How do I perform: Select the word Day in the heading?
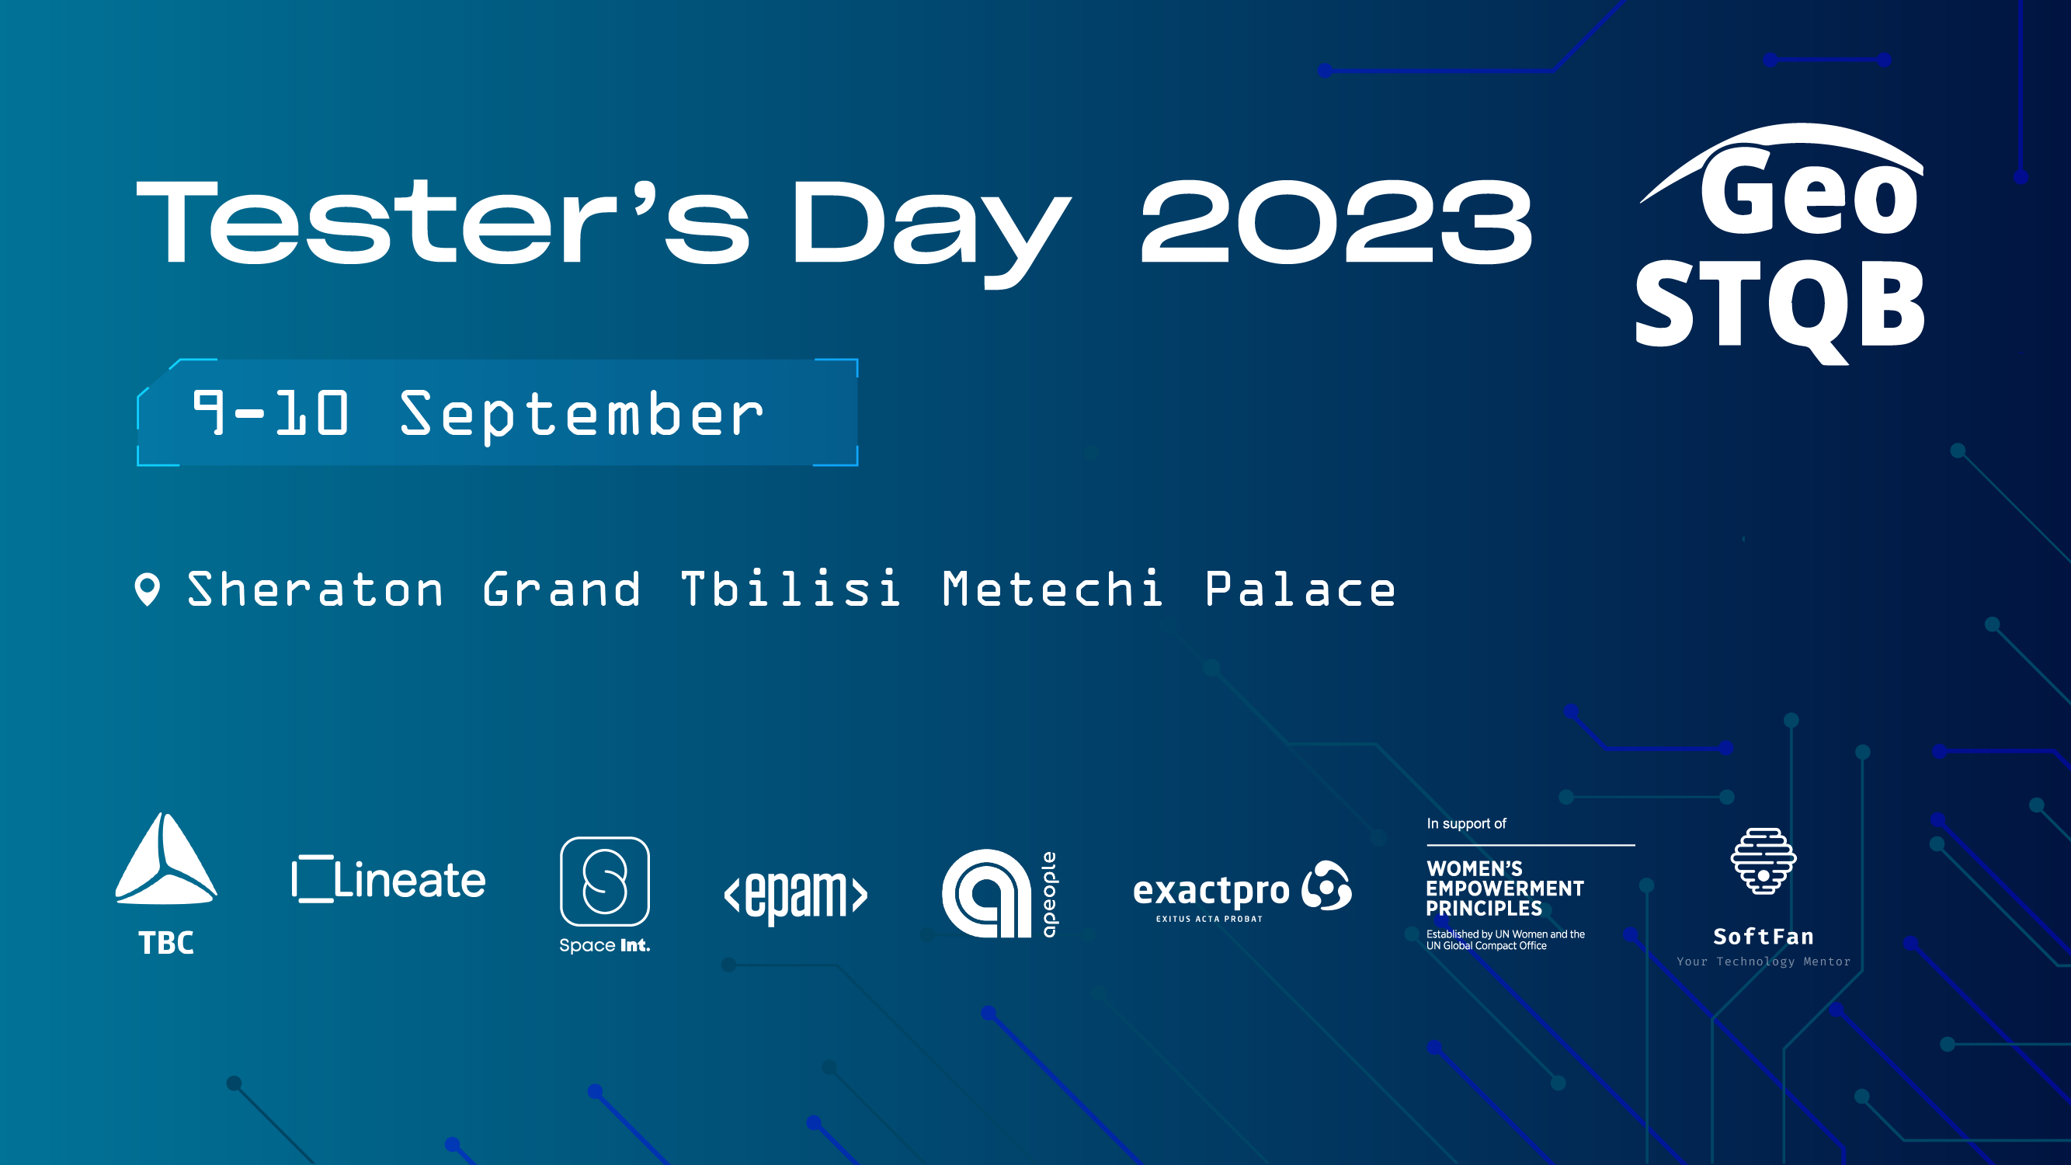click(x=931, y=233)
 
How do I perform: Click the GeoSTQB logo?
click(x=1780, y=245)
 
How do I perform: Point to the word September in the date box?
click(x=582, y=416)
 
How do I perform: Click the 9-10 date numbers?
click(x=271, y=412)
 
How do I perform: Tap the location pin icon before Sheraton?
click(x=147, y=589)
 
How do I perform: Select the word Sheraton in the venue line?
click(x=315, y=589)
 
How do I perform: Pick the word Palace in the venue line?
click(x=1300, y=589)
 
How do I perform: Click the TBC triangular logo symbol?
click(x=165, y=858)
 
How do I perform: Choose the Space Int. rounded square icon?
click(x=605, y=882)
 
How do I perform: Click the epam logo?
click(x=796, y=894)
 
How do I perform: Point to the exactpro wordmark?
click(x=1211, y=891)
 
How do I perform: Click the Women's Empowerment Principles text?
click(x=1505, y=889)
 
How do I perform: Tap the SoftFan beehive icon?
click(x=1763, y=861)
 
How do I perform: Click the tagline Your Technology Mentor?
click(x=1763, y=962)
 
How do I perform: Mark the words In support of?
click(x=1466, y=824)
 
